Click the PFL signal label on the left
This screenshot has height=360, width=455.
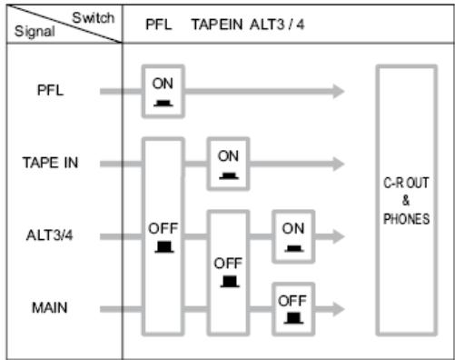[x=53, y=91]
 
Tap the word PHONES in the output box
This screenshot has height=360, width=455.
[x=407, y=219]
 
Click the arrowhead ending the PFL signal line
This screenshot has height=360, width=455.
[x=338, y=91]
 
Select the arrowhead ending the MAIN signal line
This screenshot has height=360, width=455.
[x=338, y=309]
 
